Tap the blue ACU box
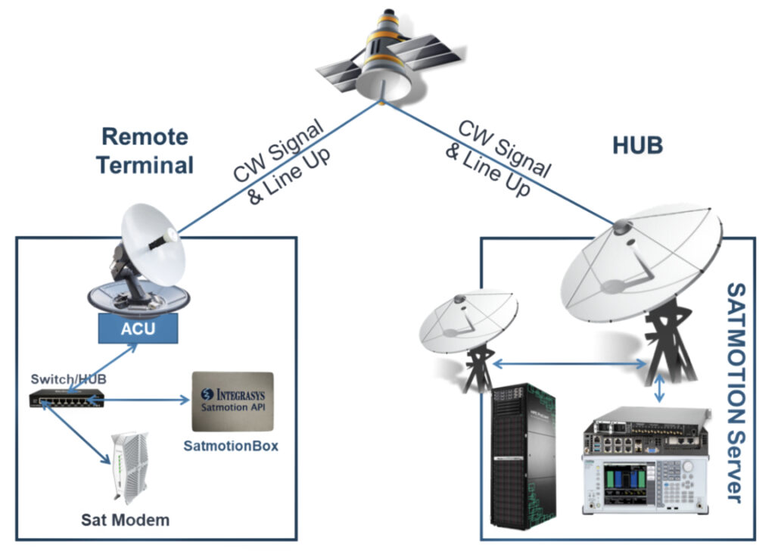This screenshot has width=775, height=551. tap(138, 328)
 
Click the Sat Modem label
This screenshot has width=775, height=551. tap(126, 520)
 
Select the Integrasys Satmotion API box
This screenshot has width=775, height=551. tap(232, 400)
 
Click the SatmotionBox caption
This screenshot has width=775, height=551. tap(231, 446)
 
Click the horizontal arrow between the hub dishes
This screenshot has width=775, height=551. tap(568, 365)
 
